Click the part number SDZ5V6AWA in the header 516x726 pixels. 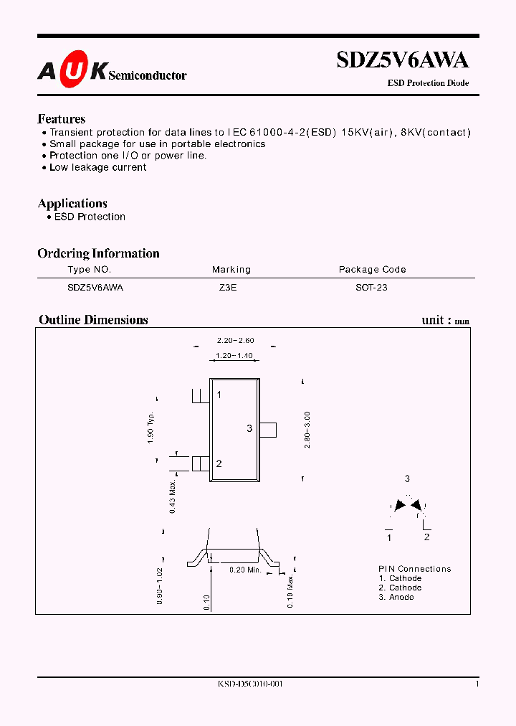point(403,62)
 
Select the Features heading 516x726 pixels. point(62,119)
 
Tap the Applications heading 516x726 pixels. point(72,204)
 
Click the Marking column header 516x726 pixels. point(231,270)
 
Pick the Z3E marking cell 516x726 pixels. point(228,287)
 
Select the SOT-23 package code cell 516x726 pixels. point(371,287)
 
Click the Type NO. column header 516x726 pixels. point(89,270)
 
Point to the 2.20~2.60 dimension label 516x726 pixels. point(235,340)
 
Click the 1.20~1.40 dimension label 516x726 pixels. point(234,356)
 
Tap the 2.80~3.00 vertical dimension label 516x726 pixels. point(307,430)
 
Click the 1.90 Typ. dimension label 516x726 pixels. point(151,428)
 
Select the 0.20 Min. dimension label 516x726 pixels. point(245,570)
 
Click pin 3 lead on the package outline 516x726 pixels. point(268,429)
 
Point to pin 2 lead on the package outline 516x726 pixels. point(200,463)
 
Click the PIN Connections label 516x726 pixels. point(415,569)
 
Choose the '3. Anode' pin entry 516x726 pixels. point(396,597)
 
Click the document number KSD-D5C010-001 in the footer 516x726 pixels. point(251,684)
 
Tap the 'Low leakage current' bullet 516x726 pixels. point(97,167)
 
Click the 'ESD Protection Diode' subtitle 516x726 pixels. point(429,83)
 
